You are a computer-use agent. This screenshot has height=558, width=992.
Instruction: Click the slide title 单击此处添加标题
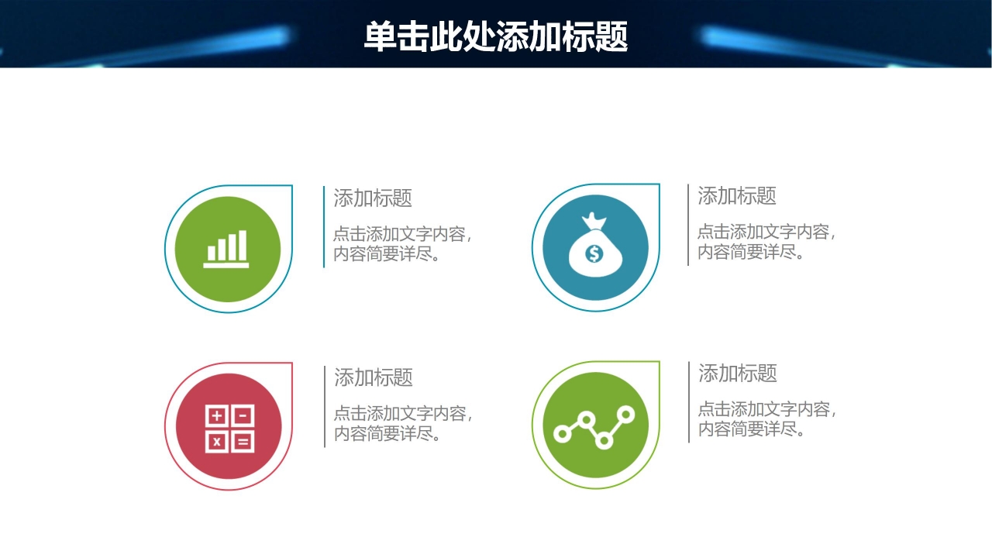tap(496, 36)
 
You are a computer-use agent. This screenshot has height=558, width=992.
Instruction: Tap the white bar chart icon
tap(227, 249)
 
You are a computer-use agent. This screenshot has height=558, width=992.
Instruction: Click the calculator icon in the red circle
tap(229, 429)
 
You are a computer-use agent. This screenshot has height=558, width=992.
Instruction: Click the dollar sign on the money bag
tap(594, 253)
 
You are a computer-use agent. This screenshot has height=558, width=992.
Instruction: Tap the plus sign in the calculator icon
tap(217, 416)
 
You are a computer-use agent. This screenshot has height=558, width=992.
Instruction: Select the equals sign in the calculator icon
tap(242, 442)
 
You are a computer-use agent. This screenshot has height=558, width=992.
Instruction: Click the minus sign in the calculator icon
tap(242, 416)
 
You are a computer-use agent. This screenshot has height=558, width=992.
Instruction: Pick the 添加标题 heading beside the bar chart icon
tap(373, 198)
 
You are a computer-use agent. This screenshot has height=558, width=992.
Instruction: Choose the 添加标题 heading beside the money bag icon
tap(737, 195)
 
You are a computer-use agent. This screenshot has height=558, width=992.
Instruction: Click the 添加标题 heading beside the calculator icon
tap(374, 377)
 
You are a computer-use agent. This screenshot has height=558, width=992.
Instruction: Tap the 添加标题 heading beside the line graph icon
tap(738, 374)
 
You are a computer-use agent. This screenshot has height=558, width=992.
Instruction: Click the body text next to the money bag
tap(766, 242)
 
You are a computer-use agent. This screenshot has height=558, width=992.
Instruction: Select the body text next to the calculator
tap(402, 423)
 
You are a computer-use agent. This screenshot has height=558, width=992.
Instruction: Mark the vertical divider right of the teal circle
tap(688, 225)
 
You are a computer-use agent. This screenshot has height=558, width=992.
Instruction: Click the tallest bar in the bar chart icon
tap(243, 244)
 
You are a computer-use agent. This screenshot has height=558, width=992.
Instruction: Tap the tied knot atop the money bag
tap(594, 222)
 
